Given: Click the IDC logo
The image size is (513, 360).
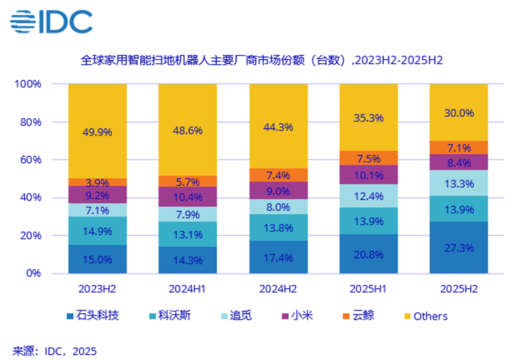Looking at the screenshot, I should click(51, 22).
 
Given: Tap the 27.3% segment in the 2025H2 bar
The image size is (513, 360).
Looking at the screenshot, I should click(459, 247).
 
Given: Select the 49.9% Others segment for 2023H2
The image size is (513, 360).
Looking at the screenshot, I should click(97, 131).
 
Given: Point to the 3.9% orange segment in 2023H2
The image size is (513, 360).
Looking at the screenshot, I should click(97, 182).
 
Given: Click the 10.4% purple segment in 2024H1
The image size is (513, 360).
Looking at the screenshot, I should click(188, 197).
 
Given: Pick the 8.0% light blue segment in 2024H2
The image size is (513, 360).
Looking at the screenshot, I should click(278, 207).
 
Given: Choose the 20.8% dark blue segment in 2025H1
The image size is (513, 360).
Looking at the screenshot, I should click(368, 253).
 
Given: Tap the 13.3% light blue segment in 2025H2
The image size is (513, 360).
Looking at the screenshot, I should click(459, 183).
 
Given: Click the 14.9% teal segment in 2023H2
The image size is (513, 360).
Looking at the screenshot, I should click(97, 231).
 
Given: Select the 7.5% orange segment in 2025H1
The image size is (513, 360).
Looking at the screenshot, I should click(368, 158).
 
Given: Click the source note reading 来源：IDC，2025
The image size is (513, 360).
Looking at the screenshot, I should click(55, 349).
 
